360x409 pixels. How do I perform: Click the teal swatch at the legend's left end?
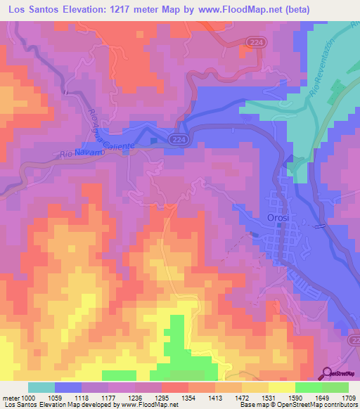41,387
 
